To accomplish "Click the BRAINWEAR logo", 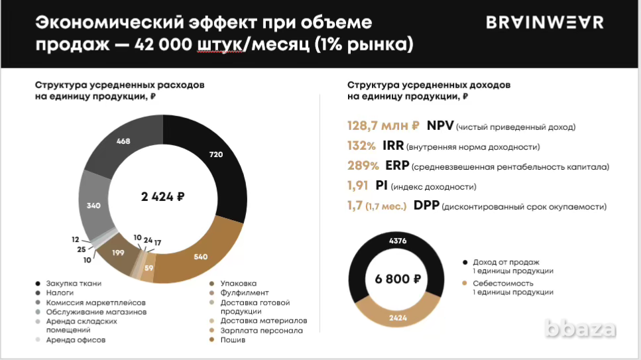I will click(x=545, y=23).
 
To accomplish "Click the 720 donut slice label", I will click(x=215, y=154).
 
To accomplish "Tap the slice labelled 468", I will click(x=123, y=141).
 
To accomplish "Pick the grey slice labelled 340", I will click(x=93, y=206).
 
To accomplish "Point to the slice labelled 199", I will click(x=119, y=253).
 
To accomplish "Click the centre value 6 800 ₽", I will click(x=398, y=279).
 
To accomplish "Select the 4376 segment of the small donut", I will click(x=398, y=241).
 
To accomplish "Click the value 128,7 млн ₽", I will click(x=383, y=126).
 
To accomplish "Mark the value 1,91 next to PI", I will click(x=361, y=186).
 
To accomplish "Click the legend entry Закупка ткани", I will click(x=73, y=284).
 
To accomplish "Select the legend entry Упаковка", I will click(x=237, y=284).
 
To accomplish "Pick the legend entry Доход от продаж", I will click(x=506, y=262).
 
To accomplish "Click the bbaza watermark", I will click(x=580, y=328).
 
